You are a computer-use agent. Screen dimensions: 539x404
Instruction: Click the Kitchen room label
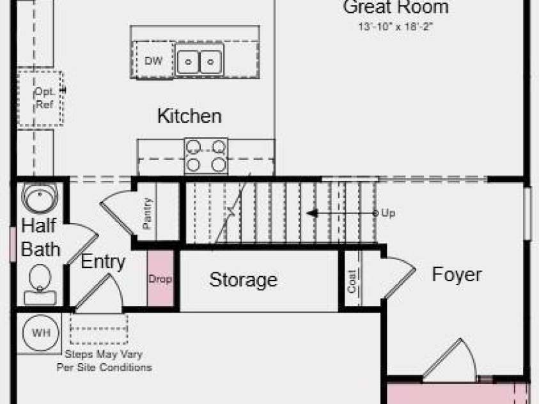point(189,116)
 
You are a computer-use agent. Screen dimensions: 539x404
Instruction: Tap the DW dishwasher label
point(153,61)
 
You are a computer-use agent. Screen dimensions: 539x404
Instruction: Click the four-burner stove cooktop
point(206,156)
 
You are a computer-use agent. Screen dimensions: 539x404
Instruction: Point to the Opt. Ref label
point(45,98)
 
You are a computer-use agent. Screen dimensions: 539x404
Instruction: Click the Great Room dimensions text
point(395,26)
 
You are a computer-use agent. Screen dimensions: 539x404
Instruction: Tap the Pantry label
point(147,214)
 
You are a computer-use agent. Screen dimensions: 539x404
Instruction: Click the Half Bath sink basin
point(40,198)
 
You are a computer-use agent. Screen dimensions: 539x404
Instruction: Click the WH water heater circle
point(41,332)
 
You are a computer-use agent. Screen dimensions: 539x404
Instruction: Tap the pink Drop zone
point(160,278)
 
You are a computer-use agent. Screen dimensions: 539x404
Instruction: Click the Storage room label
point(244,279)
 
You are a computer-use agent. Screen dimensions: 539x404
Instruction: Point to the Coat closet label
point(352,282)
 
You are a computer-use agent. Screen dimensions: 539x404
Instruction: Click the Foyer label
point(457,274)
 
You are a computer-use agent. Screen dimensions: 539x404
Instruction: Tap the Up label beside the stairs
point(389,213)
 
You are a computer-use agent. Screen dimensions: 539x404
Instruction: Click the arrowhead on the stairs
point(312,214)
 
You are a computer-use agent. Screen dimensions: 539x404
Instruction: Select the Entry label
point(103,262)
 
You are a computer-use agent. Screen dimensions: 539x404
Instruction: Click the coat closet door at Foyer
point(400,277)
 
